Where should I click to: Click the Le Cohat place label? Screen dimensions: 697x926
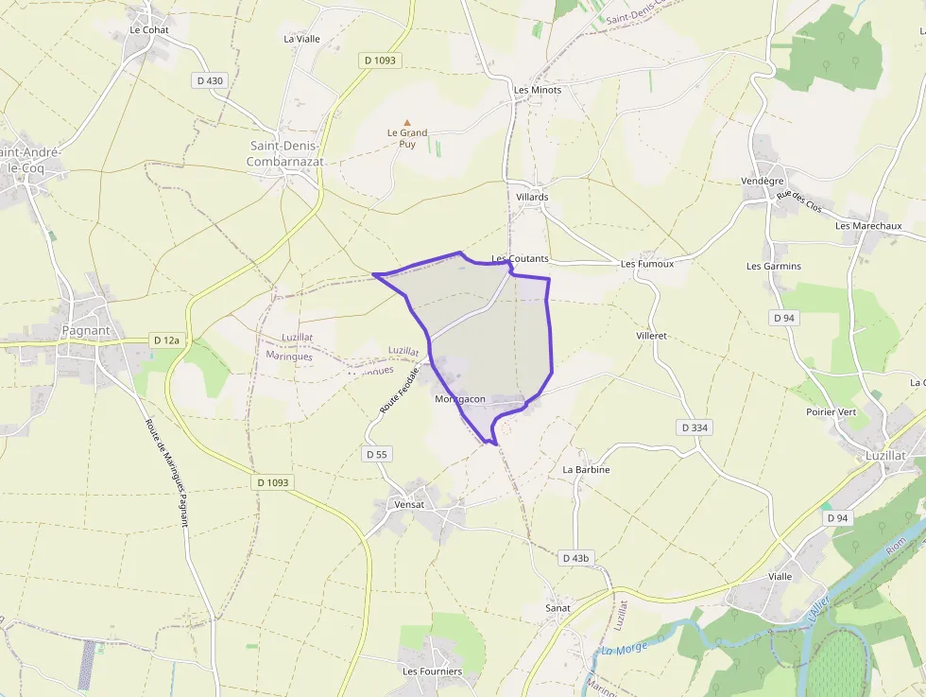coord(148,30)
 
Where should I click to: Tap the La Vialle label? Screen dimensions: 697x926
coord(302,39)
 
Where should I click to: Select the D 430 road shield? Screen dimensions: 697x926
coord(210,80)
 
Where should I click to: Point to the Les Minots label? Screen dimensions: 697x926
coord(538,90)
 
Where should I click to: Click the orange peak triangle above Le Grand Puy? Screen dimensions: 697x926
coord(407,122)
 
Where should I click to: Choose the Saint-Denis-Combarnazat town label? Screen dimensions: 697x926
coord(285,154)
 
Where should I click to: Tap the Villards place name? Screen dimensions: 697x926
coord(532,197)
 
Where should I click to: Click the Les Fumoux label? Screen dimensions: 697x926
coord(647,264)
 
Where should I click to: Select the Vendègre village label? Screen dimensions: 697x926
coord(763,181)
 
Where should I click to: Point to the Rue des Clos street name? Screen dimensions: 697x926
coord(799,201)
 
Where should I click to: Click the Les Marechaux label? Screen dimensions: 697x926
coord(868,226)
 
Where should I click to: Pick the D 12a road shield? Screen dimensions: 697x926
coord(166,340)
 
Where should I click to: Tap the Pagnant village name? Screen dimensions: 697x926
coord(85,331)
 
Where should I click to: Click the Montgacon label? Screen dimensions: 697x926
coord(460,399)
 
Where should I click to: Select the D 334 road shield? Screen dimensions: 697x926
coord(695,427)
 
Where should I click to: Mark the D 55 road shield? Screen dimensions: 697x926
coord(376,454)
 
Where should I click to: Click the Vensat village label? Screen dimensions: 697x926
coord(409,504)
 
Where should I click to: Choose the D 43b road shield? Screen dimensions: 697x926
coord(575,558)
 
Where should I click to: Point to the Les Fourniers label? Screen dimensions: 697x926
coord(433,671)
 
